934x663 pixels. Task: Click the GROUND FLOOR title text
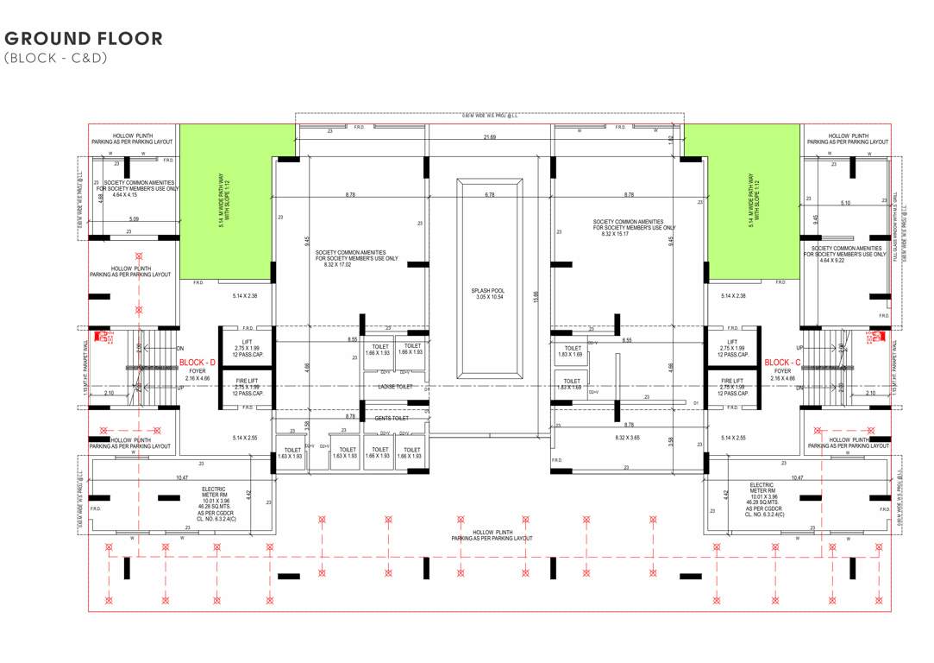pos(84,38)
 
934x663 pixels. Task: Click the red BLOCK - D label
pos(197,363)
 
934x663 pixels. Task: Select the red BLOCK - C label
pos(783,363)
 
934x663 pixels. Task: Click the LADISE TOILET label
pos(394,387)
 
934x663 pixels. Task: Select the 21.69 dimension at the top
pos(489,138)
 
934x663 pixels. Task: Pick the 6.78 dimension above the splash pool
pos(489,195)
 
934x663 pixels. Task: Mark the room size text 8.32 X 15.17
pos(634,234)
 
